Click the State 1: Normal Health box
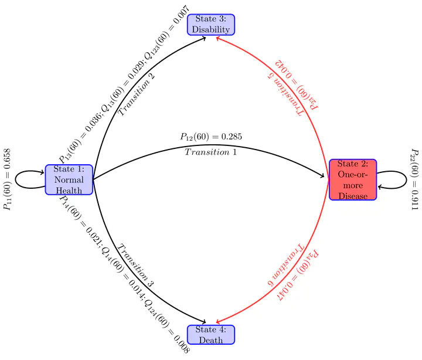click(x=69, y=179)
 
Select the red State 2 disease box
click(x=353, y=179)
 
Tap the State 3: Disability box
click(x=211, y=25)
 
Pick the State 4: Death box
click(x=211, y=335)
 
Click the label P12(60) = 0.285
click(x=211, y=137)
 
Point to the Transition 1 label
click(x=210, y=152)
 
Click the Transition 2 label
click(x=137, y=94)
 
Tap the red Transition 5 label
click(x=285, y=94)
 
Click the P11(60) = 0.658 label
click(x=7, y=179)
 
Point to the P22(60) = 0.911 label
click(x=415, y=179)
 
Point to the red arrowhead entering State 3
click(x=218, y=39)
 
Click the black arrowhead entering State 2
click(x=322, y=176)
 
